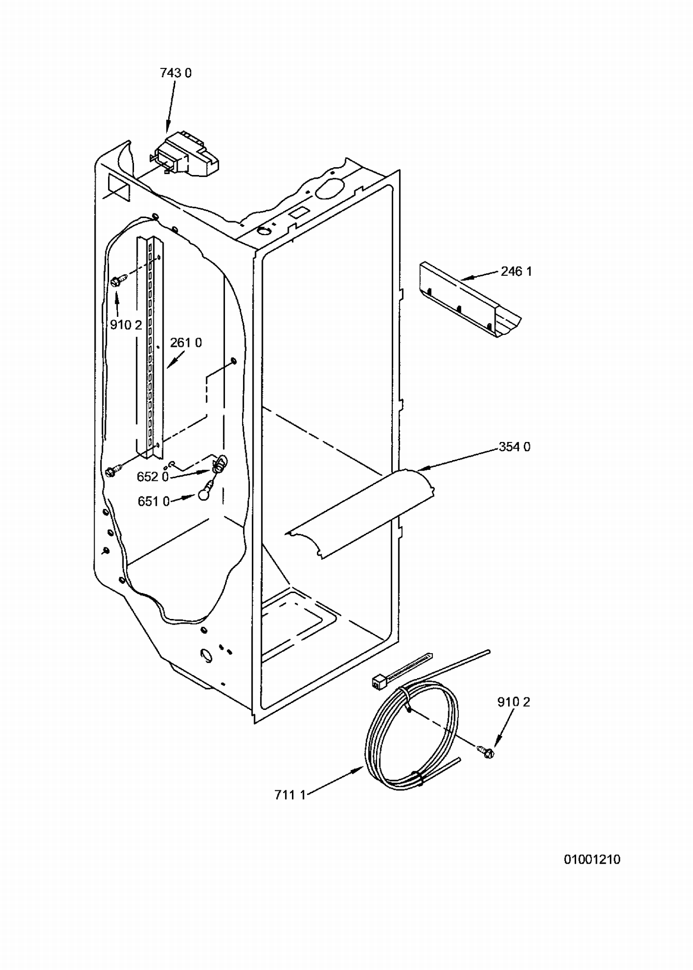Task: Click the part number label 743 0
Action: pos(176,73)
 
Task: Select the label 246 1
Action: pos(516,271)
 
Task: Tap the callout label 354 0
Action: pos(515,447)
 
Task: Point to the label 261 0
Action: pos(186,343)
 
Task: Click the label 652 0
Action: pos(152,477)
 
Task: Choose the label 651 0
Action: pos(154,501)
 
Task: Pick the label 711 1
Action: pos(290,795)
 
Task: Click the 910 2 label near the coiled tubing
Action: pos(513,702)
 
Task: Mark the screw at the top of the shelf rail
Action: pos(116,280)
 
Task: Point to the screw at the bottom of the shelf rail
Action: pos(112,471)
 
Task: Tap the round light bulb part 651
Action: pos(206,492)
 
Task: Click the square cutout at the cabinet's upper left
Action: pos(119,187)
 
